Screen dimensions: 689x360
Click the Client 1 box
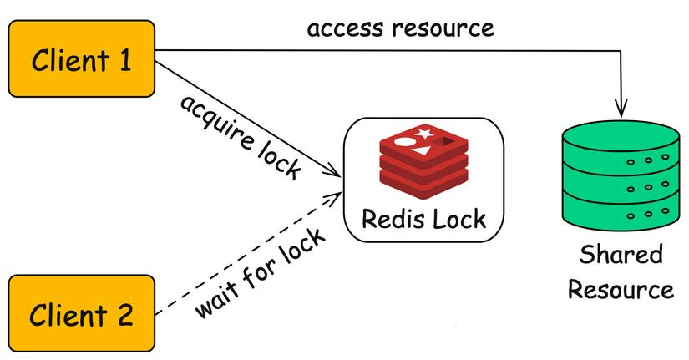[x=82, y=58]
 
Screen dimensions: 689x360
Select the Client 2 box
[x=82, y=313]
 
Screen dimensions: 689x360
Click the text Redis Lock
[x=424, y=219]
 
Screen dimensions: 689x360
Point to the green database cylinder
[x=621, y=175]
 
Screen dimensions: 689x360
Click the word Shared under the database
[x=621, y=255]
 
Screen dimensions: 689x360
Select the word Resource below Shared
[x=621, y=290]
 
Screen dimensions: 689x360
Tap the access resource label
[x=400, y=28]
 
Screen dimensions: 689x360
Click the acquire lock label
[x=241, y=137]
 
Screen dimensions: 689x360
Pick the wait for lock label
[x=260, y=272]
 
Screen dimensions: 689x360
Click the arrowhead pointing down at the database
[x=621, y=109]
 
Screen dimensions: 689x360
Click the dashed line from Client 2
[x=249, y=253]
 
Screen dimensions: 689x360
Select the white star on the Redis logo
[x=424, y=133]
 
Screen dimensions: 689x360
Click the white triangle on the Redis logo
[x=421, y=152]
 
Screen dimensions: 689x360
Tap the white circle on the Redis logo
[x=405, y=141]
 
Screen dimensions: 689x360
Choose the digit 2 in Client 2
[x=124, y=314]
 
